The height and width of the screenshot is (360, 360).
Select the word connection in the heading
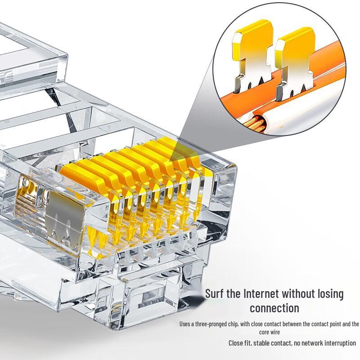(x=274, y=308)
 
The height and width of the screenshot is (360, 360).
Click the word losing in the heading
(x=331, y=294)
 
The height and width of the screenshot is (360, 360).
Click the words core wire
(x=270, y=332)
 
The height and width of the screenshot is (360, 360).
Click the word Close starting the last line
(x=235, y=343)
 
